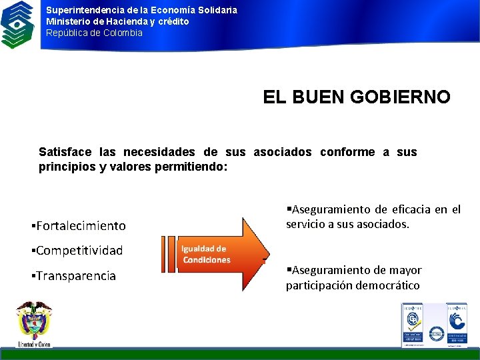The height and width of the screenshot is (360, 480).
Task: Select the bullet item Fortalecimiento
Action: pyautogui.click(x=81, y=226)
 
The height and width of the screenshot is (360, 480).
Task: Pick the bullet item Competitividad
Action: pyautogui.click(x=79, y=251)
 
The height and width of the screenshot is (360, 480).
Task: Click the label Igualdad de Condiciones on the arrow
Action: pyautogui.click(x=206, y=254)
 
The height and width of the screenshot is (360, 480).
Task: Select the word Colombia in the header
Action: pyautogui.click(x=123, y=33)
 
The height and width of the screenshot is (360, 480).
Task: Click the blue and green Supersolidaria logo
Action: pyautogui.click(x=17, y=24)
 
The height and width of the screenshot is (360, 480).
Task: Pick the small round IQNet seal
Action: pyautogui.click(x=437, y=333)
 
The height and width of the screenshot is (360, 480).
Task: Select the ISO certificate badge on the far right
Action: pyautogui.click(x=457, y=325)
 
